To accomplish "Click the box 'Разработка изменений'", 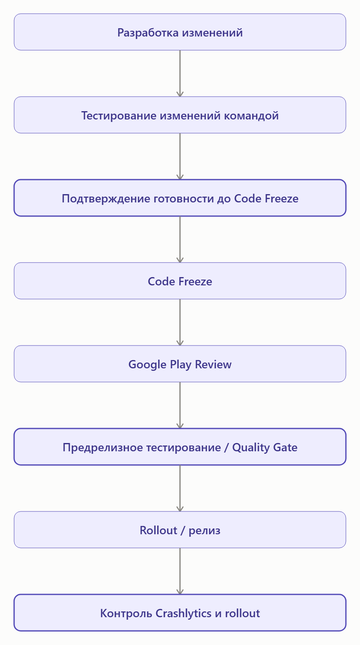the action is (180, 32).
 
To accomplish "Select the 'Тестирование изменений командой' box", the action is (180, 115).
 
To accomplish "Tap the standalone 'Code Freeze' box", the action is (180, 281).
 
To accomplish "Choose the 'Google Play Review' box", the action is (180, 364).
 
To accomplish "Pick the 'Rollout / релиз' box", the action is (180, 530).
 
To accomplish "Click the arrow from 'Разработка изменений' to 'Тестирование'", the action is (180, 73).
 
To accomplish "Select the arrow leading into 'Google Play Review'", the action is (180, 322).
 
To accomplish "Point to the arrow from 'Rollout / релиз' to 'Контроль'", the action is (180, 571).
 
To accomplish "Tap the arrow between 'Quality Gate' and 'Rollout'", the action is (180, 488).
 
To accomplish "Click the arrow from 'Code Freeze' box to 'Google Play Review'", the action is (180, 322).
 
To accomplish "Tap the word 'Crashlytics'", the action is (183, 613).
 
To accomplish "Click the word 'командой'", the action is (251, 116).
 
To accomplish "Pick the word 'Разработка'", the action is (148, 32).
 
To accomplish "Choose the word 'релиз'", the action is (204, 531).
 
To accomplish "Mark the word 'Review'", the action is (213, 364).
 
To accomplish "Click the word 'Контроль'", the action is (126, 613).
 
